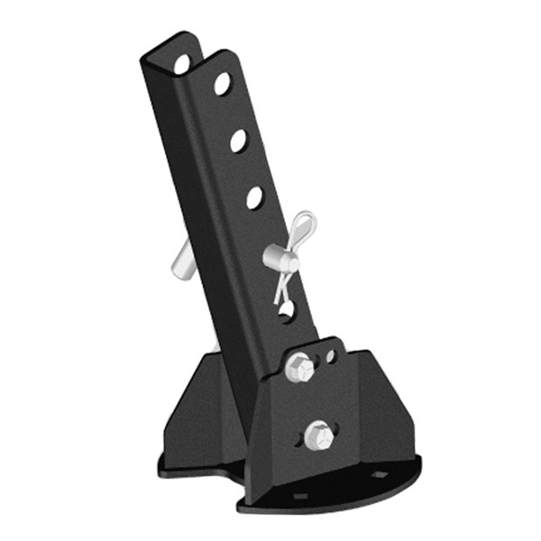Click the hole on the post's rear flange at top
click(x=182, y=64)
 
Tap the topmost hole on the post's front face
click(x=222, y=84)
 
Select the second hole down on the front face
click(x=239, y=140)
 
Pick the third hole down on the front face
click(x=255, y=197)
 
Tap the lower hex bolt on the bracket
click(x=316, y=435)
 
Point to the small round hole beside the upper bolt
click(x=331, y=356)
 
